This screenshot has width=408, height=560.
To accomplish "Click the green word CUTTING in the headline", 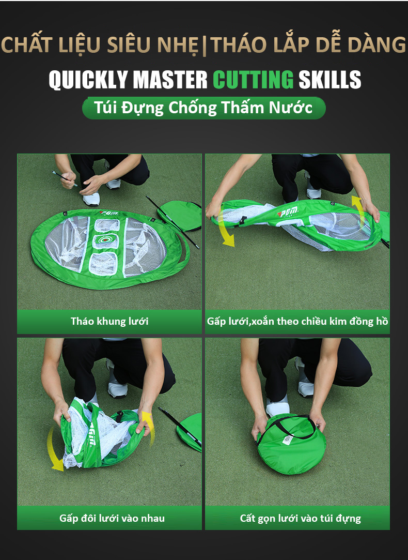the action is click(x=253, y=79).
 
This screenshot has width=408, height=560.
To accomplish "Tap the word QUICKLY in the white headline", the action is click(x=88, y=80).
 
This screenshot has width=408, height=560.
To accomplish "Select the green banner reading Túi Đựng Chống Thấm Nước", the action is click(x=203, y=108).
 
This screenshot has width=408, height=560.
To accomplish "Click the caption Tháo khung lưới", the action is click(x=109, y=321).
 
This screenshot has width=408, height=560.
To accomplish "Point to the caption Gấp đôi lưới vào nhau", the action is click(x=112, y=518).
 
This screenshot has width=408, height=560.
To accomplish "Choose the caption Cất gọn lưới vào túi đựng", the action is click(x=300, y=518).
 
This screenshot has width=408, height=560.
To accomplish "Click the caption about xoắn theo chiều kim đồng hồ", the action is click(x=297, y=322).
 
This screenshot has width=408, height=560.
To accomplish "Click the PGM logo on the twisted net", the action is click(x=288, y=213).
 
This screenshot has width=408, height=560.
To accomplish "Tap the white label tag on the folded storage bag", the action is click(x=288, y=440).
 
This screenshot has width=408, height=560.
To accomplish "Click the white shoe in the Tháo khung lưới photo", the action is click(x=91, y=199).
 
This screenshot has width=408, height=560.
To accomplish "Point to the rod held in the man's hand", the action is click(x=64, y=178).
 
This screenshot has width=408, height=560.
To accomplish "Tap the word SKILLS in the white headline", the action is click(x=330, y=80).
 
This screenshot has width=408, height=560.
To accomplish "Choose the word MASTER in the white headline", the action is click(x=170, y=80).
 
